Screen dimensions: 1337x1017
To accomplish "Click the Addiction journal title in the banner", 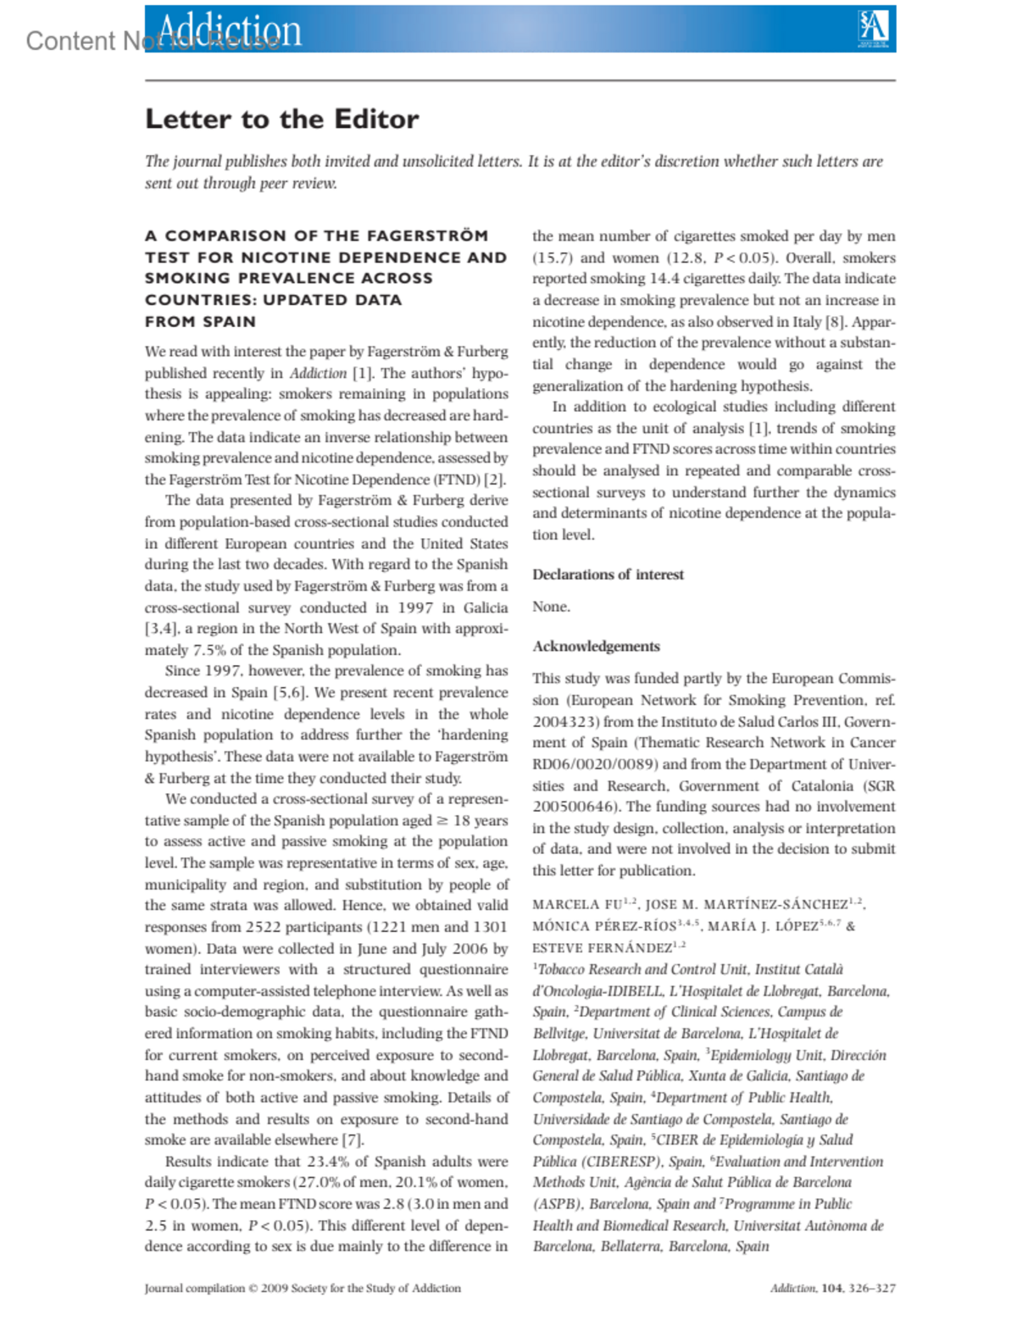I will point(229,30).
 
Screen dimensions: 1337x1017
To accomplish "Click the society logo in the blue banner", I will point(873,28).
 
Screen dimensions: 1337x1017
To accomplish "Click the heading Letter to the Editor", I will point(281,119).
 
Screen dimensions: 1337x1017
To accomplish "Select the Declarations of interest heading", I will point(608,574).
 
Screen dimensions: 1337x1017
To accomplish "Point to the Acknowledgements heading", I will point(596,646).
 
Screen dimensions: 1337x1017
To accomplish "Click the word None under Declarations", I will point(551,607).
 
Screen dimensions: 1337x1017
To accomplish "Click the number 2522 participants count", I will point(268,927).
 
